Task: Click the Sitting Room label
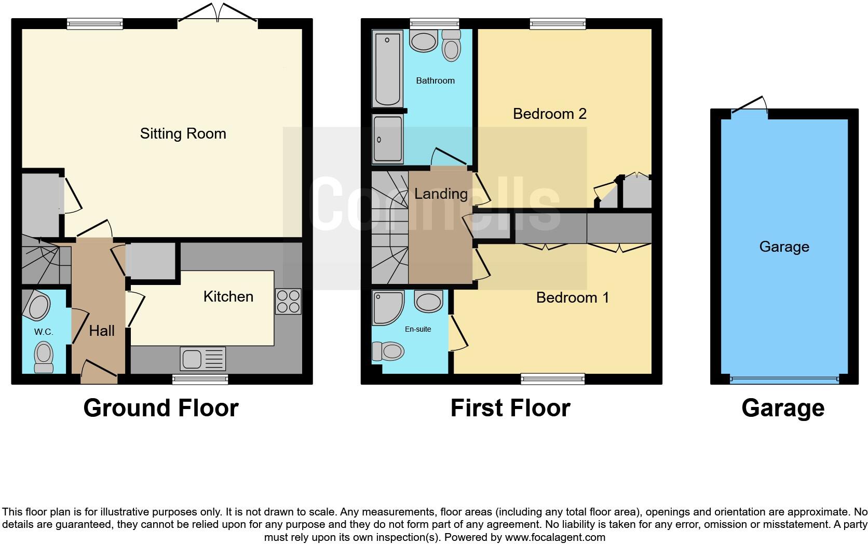pyautogui.click(x=183, y=133)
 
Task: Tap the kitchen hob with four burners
pyautogui.click(x=288, y=302)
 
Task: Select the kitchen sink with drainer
pyautogui.click(x=202, y=359)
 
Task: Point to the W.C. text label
pyautogui.click(x=44, y=332)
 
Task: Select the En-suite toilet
pyautogui.click(x=388, y=351)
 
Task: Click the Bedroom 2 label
pyautogui.click(x=549, y=114)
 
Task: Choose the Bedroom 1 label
pyautogui.click(x=572, y=297)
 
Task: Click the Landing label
pyautogui.click(x=441, y=194)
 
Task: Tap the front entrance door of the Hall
pyautogui.click(x=99, y=373)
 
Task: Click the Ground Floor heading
pyautogui.click(x=161, y=408)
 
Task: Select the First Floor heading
pyautogui.click(x=510, y=408)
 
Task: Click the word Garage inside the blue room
pyautogui.click(x=784, y=247)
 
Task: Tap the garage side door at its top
pyautogui.click(x=750, y=105)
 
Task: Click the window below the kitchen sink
pyautogui.click(x=200, y=380)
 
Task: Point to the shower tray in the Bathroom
pyautogui.click(x=387, y=139)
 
